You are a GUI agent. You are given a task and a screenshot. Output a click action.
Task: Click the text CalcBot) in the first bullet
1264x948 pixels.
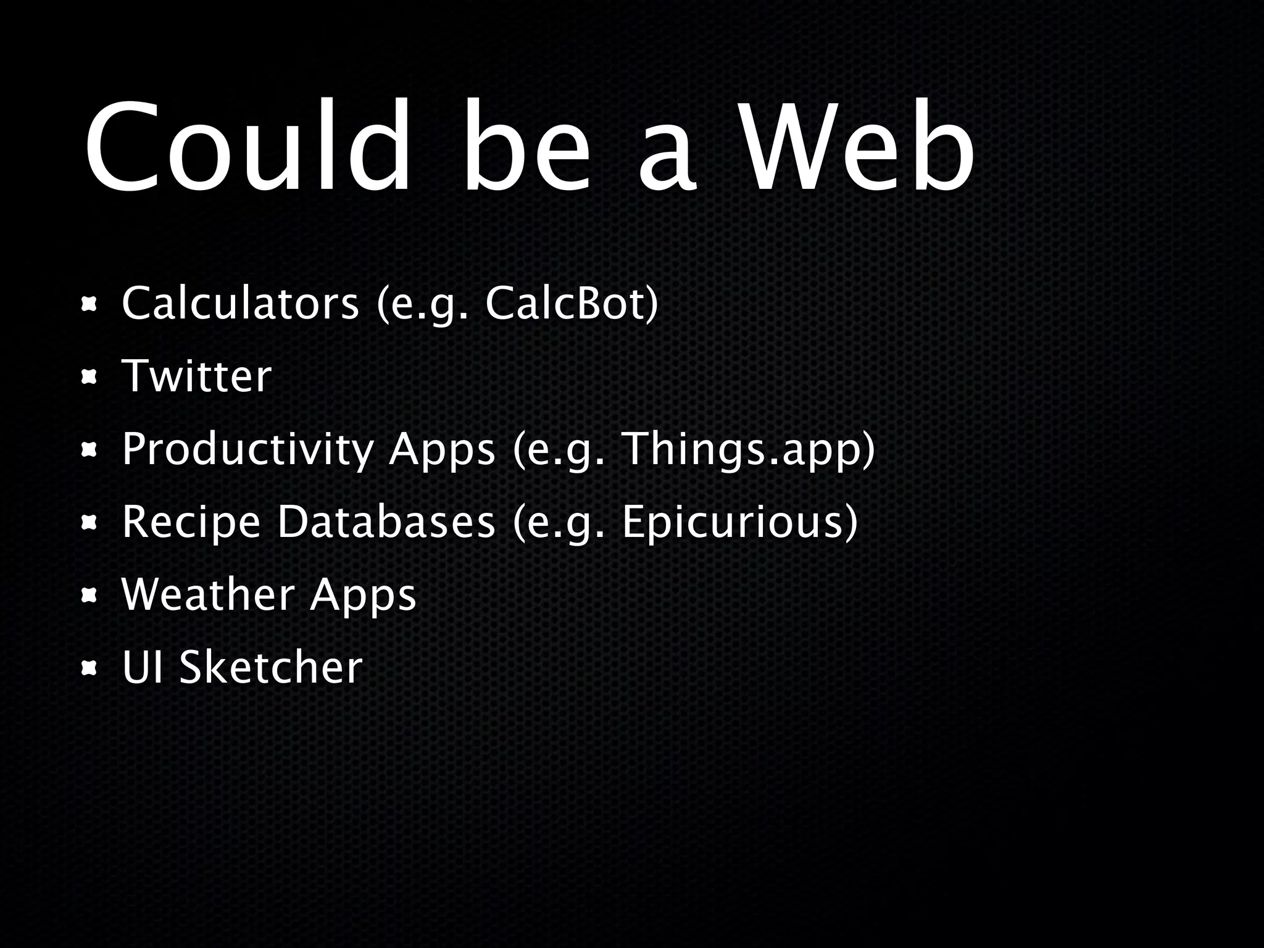pos(572,304)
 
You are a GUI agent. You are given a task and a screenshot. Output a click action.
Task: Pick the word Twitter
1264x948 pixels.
pos(196,376)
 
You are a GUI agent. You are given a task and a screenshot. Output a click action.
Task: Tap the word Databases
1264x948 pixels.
pos(386,522)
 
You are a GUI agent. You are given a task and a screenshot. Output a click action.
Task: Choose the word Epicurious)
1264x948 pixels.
pos(739,522)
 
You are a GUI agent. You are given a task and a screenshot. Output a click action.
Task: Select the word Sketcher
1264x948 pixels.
pos(270,668)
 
